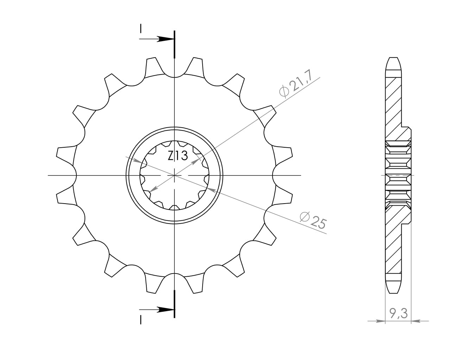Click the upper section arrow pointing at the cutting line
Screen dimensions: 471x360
(157, 39)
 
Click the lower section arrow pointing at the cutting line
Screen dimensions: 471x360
(157, 310)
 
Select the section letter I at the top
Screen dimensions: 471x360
(141, 28)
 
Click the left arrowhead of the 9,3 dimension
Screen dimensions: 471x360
(381, 327)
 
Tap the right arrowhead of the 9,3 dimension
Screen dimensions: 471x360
(416, 327)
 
